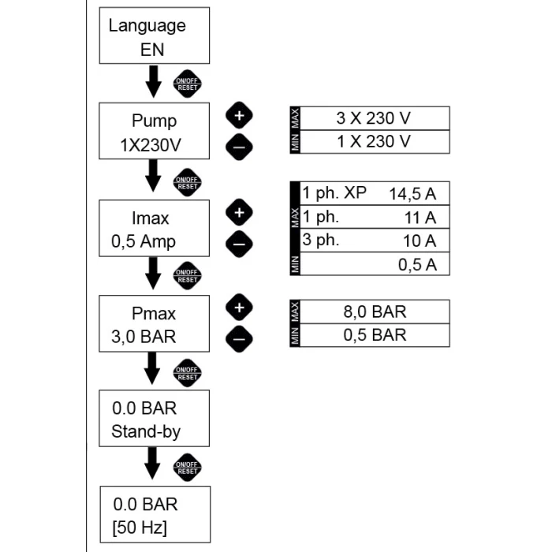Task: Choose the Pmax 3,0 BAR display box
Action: (154, 324)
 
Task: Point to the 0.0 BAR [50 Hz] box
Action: (155, 513)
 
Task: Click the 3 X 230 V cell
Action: (372, 118)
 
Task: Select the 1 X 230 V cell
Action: (372, 141)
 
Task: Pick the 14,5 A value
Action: (412, 192)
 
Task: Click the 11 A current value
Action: (417, 216)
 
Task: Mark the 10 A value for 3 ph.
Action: (417, 240)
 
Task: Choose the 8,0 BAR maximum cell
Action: (372, 310)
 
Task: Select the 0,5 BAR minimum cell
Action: (372, 334)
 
